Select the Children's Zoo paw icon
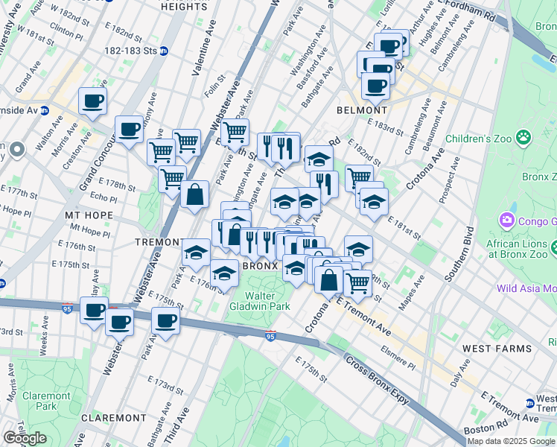click(x=525, y=137)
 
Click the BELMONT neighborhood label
click(x=361, y=109)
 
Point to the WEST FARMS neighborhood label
click(x=497, y=348)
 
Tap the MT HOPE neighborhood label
click(x=89, y=215)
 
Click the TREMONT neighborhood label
click(x=158, y=243)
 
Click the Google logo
click(x=25, y=438)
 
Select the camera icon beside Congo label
click(x=507, y=220)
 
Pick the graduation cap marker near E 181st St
click(x=374, y=201)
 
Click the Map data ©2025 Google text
click(x=511, y=441)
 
